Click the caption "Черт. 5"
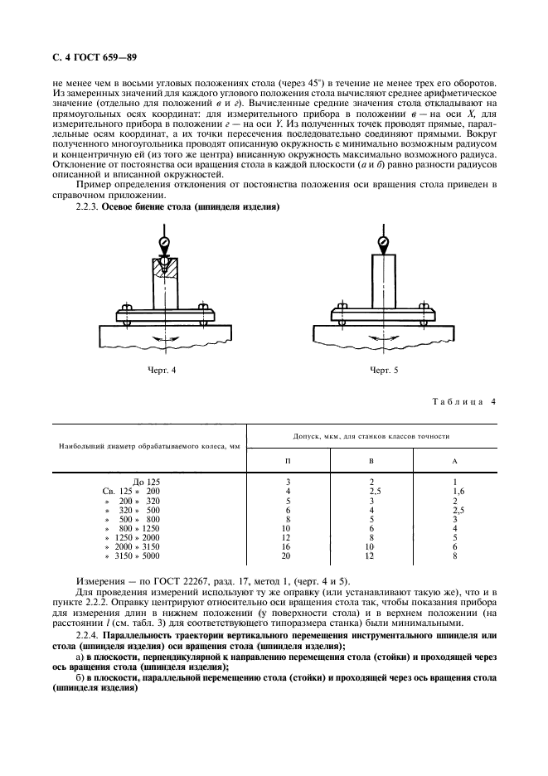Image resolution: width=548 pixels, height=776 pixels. coord(384,371)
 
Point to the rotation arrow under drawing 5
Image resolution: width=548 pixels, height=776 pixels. coord(384,339)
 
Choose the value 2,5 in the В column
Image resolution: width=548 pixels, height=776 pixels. coord(371,491)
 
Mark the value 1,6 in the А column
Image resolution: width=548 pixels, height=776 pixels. coord(454,491)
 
